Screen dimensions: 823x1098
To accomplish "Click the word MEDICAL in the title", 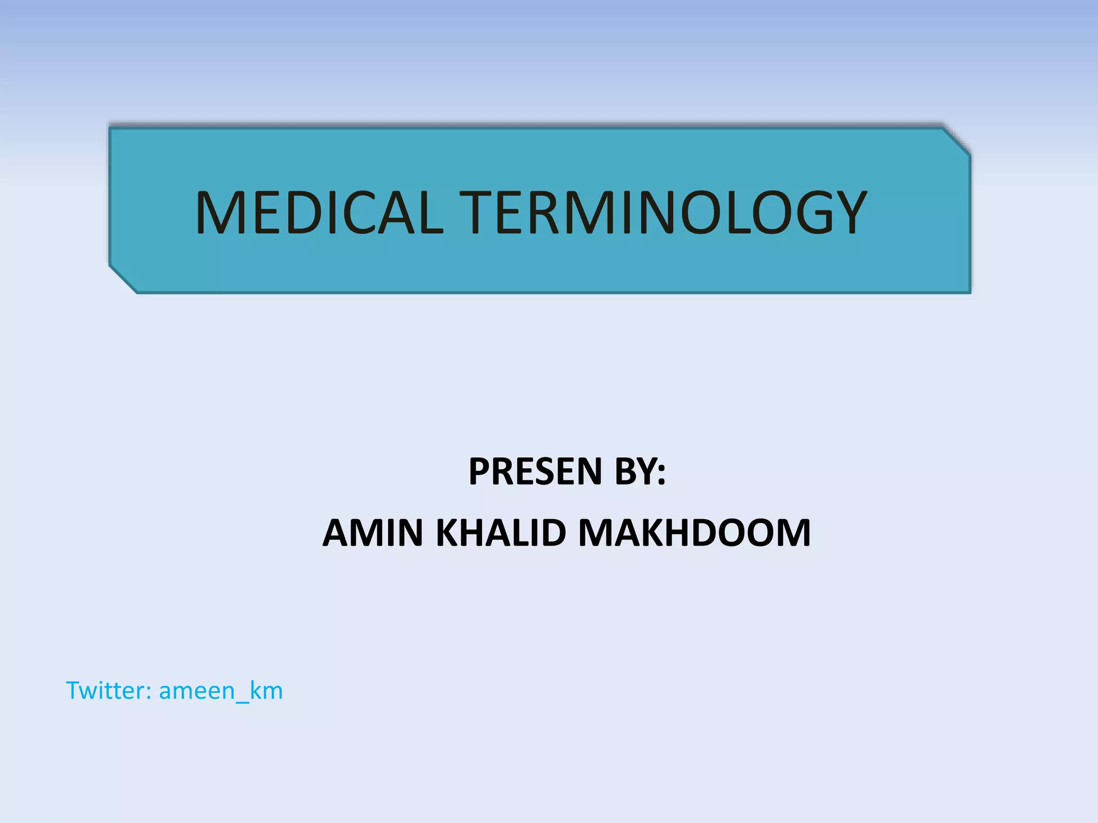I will (x=320, y=213).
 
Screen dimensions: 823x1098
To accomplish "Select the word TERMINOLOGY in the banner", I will (x=663, y=213).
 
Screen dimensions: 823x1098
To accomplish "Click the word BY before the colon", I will (x=635, y=472).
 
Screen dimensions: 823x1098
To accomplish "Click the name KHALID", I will (x=501, y=533).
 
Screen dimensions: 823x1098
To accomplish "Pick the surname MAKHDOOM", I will (x=694, y=533).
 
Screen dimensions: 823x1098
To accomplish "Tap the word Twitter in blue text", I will (x=106, y=690).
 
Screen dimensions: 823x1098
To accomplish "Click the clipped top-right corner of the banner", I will (x=957, y=142).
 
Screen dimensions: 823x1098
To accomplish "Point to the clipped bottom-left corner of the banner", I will (x=123, y=280).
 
